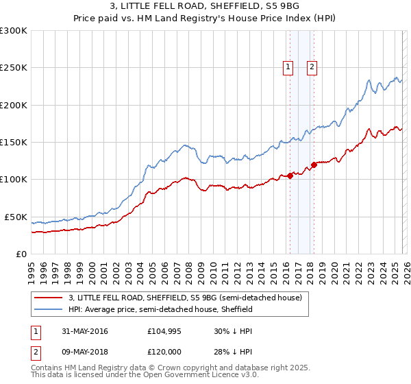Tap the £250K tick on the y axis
click(14, 68)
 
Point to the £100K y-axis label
click(14, 179)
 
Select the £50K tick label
click(16, 217)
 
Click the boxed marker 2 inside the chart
click(312, 67)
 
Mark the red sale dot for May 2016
click(290, 176)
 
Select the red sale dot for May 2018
click(314, 165)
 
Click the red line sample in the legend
click(49, 298)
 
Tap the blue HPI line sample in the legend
click(49, 309)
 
